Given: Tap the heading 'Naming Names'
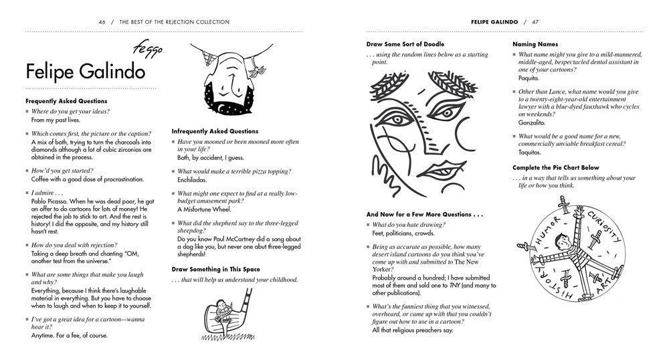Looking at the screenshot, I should tap(535, 44).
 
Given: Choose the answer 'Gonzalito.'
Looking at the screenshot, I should tap(533, 122).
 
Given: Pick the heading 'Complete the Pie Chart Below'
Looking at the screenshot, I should tap(556, 167).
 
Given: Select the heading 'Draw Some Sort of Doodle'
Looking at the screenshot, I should tap(405, 44).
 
